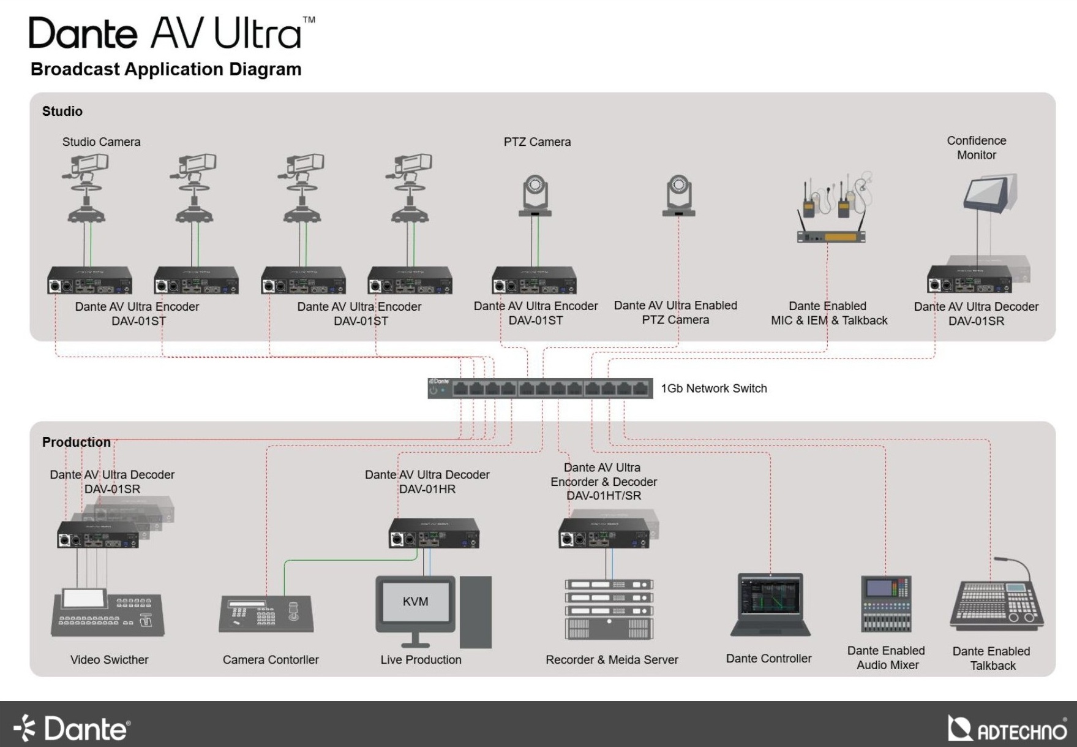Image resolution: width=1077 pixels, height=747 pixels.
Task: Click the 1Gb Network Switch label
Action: coord(713,389)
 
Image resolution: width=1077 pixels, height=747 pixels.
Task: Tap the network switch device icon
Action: coord(540,389)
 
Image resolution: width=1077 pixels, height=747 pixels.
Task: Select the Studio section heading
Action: coord(62,112)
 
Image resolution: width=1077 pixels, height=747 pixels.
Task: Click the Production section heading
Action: coord(77,442)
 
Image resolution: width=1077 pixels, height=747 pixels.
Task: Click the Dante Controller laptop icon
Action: coord(770,605)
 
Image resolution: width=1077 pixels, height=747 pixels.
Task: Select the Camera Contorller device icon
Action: coord(266,613)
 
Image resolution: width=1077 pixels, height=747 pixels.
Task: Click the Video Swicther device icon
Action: coord(108,613)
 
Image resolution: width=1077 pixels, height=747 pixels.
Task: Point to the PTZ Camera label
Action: coord(537,142)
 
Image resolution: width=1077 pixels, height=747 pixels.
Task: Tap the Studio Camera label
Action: coord(101,142)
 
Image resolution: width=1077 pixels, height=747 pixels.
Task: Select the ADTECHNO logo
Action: coord(1007,729)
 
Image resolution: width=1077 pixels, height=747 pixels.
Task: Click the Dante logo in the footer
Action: coord(72,729)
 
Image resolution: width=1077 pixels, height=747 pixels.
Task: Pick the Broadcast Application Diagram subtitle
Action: coord(166,69)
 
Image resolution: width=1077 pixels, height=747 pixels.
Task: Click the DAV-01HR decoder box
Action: coord(434,533)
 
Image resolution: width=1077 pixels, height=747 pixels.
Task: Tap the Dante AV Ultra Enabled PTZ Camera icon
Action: coord(678,196)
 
